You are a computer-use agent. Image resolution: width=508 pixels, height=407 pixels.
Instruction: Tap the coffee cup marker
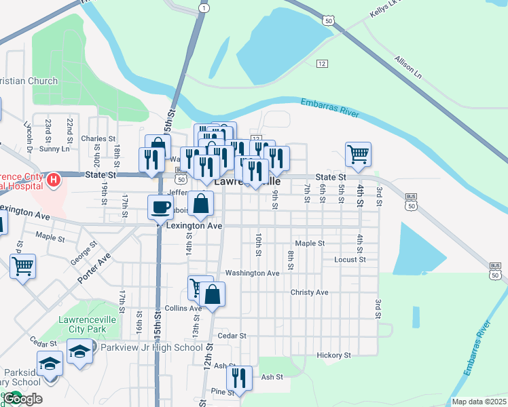[160, 206]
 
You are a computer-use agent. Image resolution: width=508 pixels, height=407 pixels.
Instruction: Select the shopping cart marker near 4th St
[358, 153]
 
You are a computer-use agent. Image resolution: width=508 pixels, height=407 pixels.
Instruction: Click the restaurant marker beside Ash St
[239, 377]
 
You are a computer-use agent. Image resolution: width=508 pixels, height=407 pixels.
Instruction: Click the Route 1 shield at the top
[203, 7]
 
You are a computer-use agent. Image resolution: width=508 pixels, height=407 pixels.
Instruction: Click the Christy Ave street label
[309, 292]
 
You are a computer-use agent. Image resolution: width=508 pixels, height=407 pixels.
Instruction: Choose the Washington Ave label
[252, 273]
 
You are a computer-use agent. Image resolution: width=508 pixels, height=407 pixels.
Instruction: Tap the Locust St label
[350, 260]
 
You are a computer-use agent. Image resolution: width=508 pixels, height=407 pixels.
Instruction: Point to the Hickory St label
[333, 355]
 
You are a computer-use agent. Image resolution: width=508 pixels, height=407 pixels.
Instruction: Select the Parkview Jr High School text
[150, 348]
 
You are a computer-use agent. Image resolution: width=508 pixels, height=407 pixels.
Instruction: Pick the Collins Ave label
[183, 308]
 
